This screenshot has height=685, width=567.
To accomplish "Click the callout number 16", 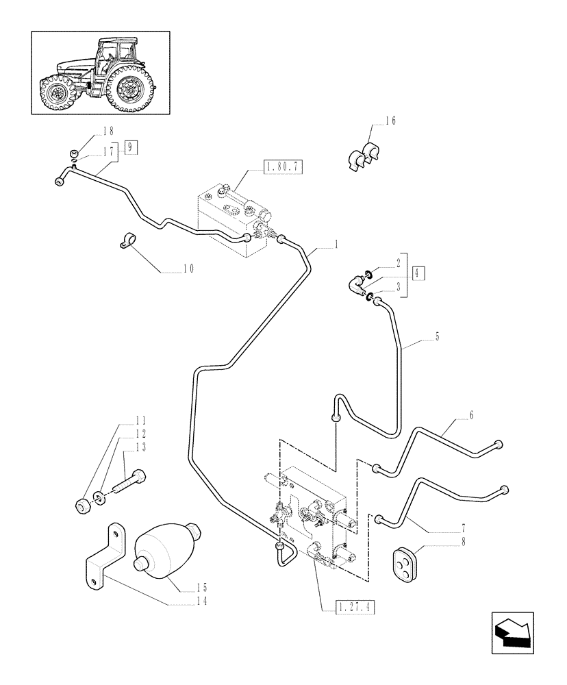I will click(x=390, y=121).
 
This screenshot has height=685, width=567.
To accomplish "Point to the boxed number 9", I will click(x=131, y=145).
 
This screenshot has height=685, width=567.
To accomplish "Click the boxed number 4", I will click(x=419, y=273).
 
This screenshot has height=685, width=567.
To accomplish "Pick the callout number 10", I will click(x=188, y=269).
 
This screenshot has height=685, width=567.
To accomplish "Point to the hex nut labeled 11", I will click(x=83, y=508).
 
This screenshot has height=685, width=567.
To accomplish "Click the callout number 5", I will click(x=437, y=337).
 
